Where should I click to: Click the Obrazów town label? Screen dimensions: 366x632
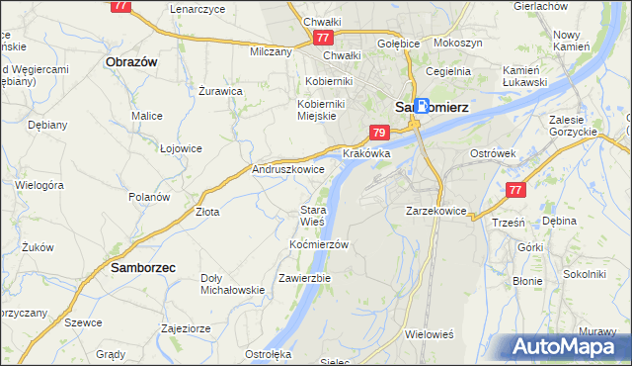click(x=131, y=60)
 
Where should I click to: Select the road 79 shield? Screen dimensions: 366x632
click(x=379, y=133)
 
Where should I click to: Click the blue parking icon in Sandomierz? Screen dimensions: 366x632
click(x=423, y=106)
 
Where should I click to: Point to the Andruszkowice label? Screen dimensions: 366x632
click(x=289, y=169)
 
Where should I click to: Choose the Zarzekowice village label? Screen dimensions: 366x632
click(x=435, y=211)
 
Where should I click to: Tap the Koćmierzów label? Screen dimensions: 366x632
click(x=320, y=243)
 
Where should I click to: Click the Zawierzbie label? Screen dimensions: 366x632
click(x=304, y=278)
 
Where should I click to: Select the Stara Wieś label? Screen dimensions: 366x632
click(x=313, y=216)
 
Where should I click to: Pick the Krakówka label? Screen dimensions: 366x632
click(x=367, y=154)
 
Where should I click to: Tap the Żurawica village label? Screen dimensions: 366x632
click(x=220, y=91)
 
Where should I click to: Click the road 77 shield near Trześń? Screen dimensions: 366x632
click(x=513, y=190)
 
